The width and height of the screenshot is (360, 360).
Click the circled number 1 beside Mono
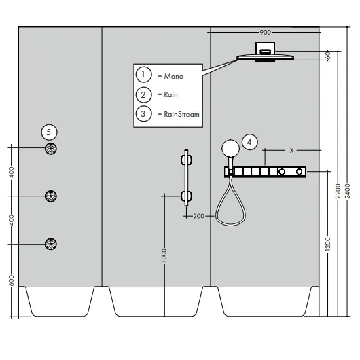(143, 75)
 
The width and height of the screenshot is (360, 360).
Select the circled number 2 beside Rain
(143, 94)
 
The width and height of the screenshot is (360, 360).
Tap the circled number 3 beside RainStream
(143, 113)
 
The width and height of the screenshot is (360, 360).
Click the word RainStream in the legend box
(181, 114)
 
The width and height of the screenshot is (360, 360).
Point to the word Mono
(174, 76)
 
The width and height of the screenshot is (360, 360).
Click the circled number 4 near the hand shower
(250, 142)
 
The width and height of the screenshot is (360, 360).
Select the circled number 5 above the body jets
(49, 132)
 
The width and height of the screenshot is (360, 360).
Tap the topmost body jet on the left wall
(50, 149)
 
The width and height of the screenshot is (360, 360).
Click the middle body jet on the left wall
(50, 196)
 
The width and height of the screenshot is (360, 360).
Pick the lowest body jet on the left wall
(50, 244)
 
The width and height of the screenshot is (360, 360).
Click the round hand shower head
(230, 148)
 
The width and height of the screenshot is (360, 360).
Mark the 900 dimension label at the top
(265, 33)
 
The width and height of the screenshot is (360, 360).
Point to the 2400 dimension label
(348, 191)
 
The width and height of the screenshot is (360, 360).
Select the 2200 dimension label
(338, 191)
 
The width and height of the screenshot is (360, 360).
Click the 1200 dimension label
(328, 244)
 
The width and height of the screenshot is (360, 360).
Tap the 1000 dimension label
(164, 255)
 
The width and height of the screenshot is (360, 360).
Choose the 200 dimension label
(198, 216)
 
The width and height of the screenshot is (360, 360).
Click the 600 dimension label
(12, 281)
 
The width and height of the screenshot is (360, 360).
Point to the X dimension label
(291, 151)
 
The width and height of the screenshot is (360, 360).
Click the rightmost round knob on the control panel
(299, 171)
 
